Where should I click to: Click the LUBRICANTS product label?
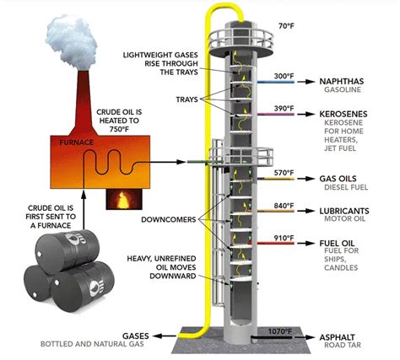pyautogui.click(x=346, y=208)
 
